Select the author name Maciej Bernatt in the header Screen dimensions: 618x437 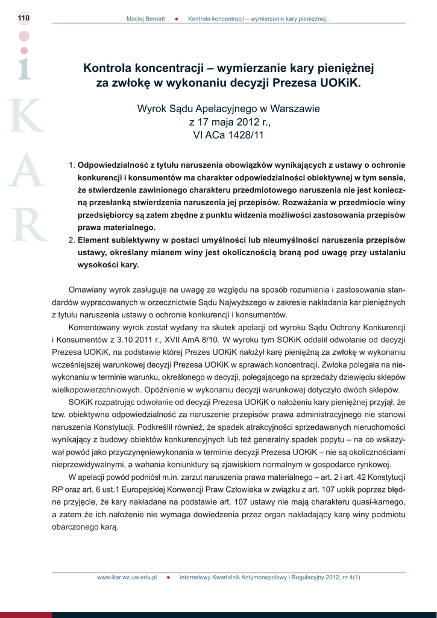tap(145, 19)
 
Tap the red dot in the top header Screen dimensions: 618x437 tap(176, 19)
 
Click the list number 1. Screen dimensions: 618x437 tap(71, 165)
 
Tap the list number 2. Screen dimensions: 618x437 tap(71, 240)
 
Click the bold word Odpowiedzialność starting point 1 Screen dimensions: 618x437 tap(113, 165)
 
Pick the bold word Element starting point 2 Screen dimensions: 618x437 tap(93, 240)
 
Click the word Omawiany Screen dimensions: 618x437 tap(89, 289)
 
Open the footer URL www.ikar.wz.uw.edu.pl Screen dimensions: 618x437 tap(127, 577)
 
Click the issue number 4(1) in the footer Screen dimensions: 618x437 tap(354, 577)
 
